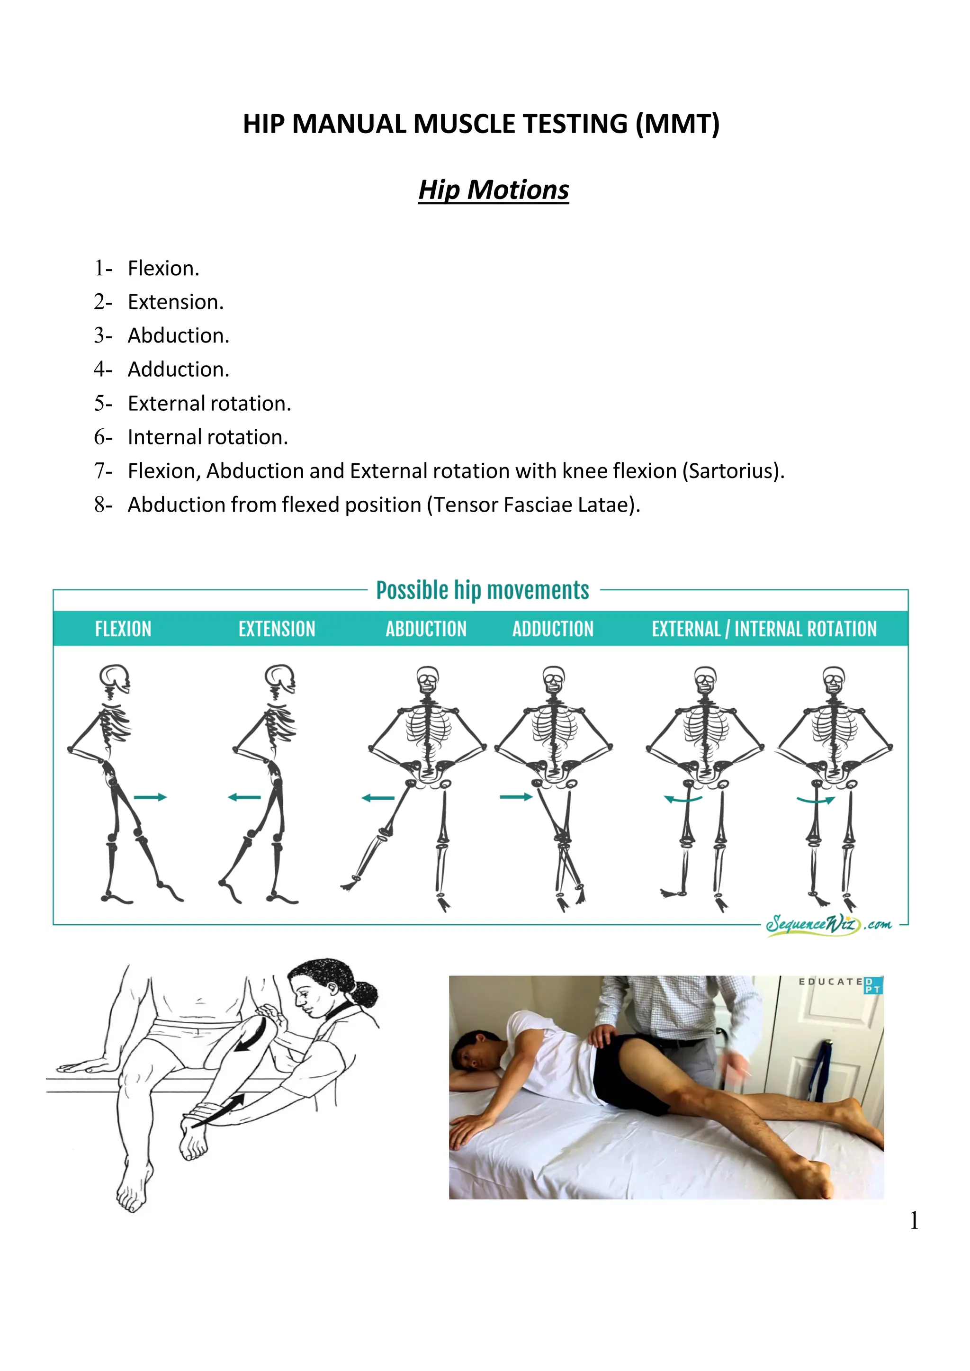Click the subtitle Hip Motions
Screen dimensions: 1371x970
coord(494,190)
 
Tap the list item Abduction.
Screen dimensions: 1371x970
coord(178,336)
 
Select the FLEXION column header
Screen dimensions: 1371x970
coord(123,629)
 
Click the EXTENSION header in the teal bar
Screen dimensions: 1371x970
coord(277,629)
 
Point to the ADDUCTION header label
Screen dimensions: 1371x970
coord(553,629)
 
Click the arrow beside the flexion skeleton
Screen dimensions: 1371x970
coord(150,797)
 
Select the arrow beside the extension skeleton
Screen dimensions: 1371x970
coord(244,797)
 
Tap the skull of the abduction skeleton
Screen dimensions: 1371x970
coord(428,679)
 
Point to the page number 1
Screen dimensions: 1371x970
coord(914,1220)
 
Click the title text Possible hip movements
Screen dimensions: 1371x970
coord(482,590)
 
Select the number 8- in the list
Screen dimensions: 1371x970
coord(103,505)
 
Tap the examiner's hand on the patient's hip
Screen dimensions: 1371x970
coord(604,1035)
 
